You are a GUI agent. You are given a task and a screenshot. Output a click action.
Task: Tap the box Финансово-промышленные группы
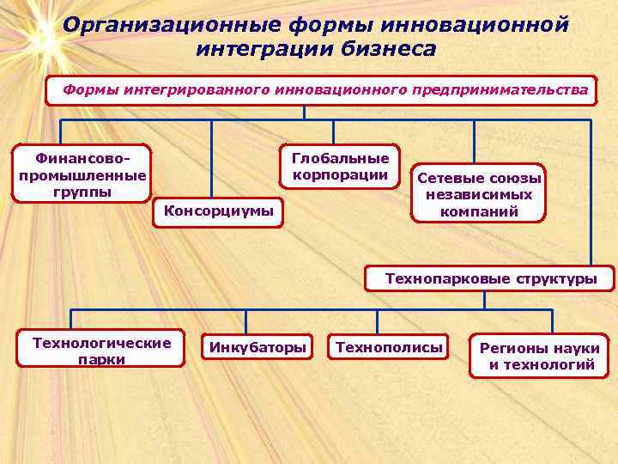click(82, 174)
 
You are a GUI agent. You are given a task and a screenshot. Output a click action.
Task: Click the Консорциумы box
click(218, 211)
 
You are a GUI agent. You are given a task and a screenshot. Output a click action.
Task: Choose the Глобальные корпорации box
click(341, 167)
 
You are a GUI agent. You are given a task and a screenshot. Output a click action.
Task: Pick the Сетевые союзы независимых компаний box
click(479, 195)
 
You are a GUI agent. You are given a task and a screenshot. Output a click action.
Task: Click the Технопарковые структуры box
click(490, 278)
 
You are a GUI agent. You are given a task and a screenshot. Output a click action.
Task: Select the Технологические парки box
click(101, 351)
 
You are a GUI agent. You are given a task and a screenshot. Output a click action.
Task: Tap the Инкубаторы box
click(255, 348)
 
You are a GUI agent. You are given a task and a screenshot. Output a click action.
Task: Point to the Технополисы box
click(390, 348)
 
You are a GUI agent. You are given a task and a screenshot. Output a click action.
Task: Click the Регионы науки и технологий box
click(539, 357)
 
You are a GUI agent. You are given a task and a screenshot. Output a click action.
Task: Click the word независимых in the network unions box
click(479, 195)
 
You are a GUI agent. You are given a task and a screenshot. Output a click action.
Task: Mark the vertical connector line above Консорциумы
click(211, 159)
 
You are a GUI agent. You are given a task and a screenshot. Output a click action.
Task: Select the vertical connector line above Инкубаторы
click(245, 321)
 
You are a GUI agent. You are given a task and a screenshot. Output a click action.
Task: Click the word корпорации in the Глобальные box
click(341, 175)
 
